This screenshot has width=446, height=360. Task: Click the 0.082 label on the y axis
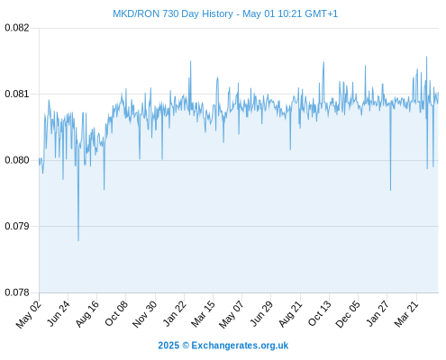17,28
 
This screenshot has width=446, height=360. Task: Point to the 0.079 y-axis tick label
17,226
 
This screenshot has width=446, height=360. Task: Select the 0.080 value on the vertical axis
17,160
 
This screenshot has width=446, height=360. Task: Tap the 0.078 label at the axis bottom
17,292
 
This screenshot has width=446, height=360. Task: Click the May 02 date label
29,314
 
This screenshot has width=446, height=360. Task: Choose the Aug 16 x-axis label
87,314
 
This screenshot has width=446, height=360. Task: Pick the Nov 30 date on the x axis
145,314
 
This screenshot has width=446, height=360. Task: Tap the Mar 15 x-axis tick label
204,314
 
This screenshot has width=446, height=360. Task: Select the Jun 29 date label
261,313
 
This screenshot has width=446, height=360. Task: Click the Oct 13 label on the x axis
320,313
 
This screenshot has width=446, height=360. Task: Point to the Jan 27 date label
378,313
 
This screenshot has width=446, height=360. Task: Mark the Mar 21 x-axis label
406,314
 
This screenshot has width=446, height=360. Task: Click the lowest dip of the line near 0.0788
78,240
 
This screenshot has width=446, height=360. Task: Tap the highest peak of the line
426,57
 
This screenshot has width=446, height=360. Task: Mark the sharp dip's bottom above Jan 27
390,191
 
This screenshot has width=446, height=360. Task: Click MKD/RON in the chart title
136,13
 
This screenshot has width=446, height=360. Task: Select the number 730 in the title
170,13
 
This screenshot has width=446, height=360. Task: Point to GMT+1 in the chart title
321,13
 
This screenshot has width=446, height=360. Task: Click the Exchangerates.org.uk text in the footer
240,346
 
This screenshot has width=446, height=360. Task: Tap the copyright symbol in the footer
186,346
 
